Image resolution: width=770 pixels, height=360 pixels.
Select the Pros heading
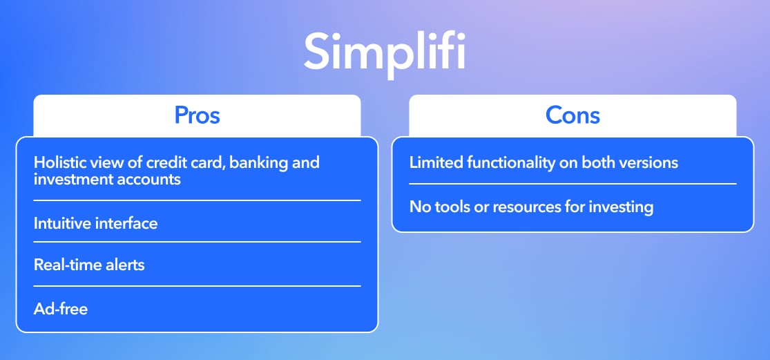[x=197, y=115]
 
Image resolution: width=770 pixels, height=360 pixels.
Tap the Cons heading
[x=572, y=115]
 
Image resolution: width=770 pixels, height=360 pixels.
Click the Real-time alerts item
[x=89, y=265]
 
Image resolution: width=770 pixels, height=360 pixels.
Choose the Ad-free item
[x=61, y=308]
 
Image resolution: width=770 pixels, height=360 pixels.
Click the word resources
[x=527, y=206]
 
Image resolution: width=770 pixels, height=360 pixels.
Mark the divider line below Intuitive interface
[x=197, y=242]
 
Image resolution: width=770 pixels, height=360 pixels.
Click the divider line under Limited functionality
[x=572, y=184]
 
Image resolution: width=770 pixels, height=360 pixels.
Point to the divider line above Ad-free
[x=197, y=285]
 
